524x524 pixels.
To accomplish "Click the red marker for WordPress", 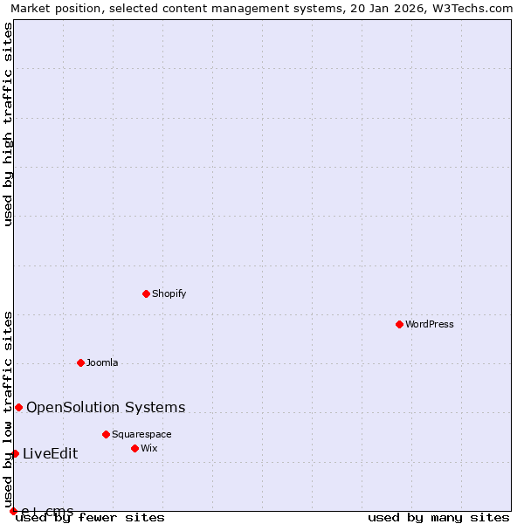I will click(x=399, y=324).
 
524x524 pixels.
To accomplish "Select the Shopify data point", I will click(x=146, y=293).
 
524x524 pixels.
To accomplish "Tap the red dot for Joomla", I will click(x=80, y=362).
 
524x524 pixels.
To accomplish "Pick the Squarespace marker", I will click(x=106, y=434).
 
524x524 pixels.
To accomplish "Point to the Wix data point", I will click(x=134, y=448).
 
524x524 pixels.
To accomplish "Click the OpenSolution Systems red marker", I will click(x=18, y=407).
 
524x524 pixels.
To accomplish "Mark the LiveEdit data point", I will click(x=15, y=453).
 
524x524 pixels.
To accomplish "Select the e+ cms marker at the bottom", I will click(x=13, y=511).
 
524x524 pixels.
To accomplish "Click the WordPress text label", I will click(x=429, y=324).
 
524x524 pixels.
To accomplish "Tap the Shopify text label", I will click(x=169, y=293).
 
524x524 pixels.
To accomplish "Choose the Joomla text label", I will click(x=102, y=362).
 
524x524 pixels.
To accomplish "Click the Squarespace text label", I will click(x=141, y=434).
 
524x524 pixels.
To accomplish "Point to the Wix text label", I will click(x=149, y=448).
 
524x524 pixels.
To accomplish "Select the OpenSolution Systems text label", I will click(x=106, y=407).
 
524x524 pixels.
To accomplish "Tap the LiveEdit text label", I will click(x=50, y=453).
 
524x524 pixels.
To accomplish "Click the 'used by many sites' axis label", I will click(x=438, y=518).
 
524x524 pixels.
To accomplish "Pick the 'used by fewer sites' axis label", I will click(x=91, y=518).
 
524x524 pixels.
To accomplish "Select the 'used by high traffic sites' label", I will click(x=8, y=124).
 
